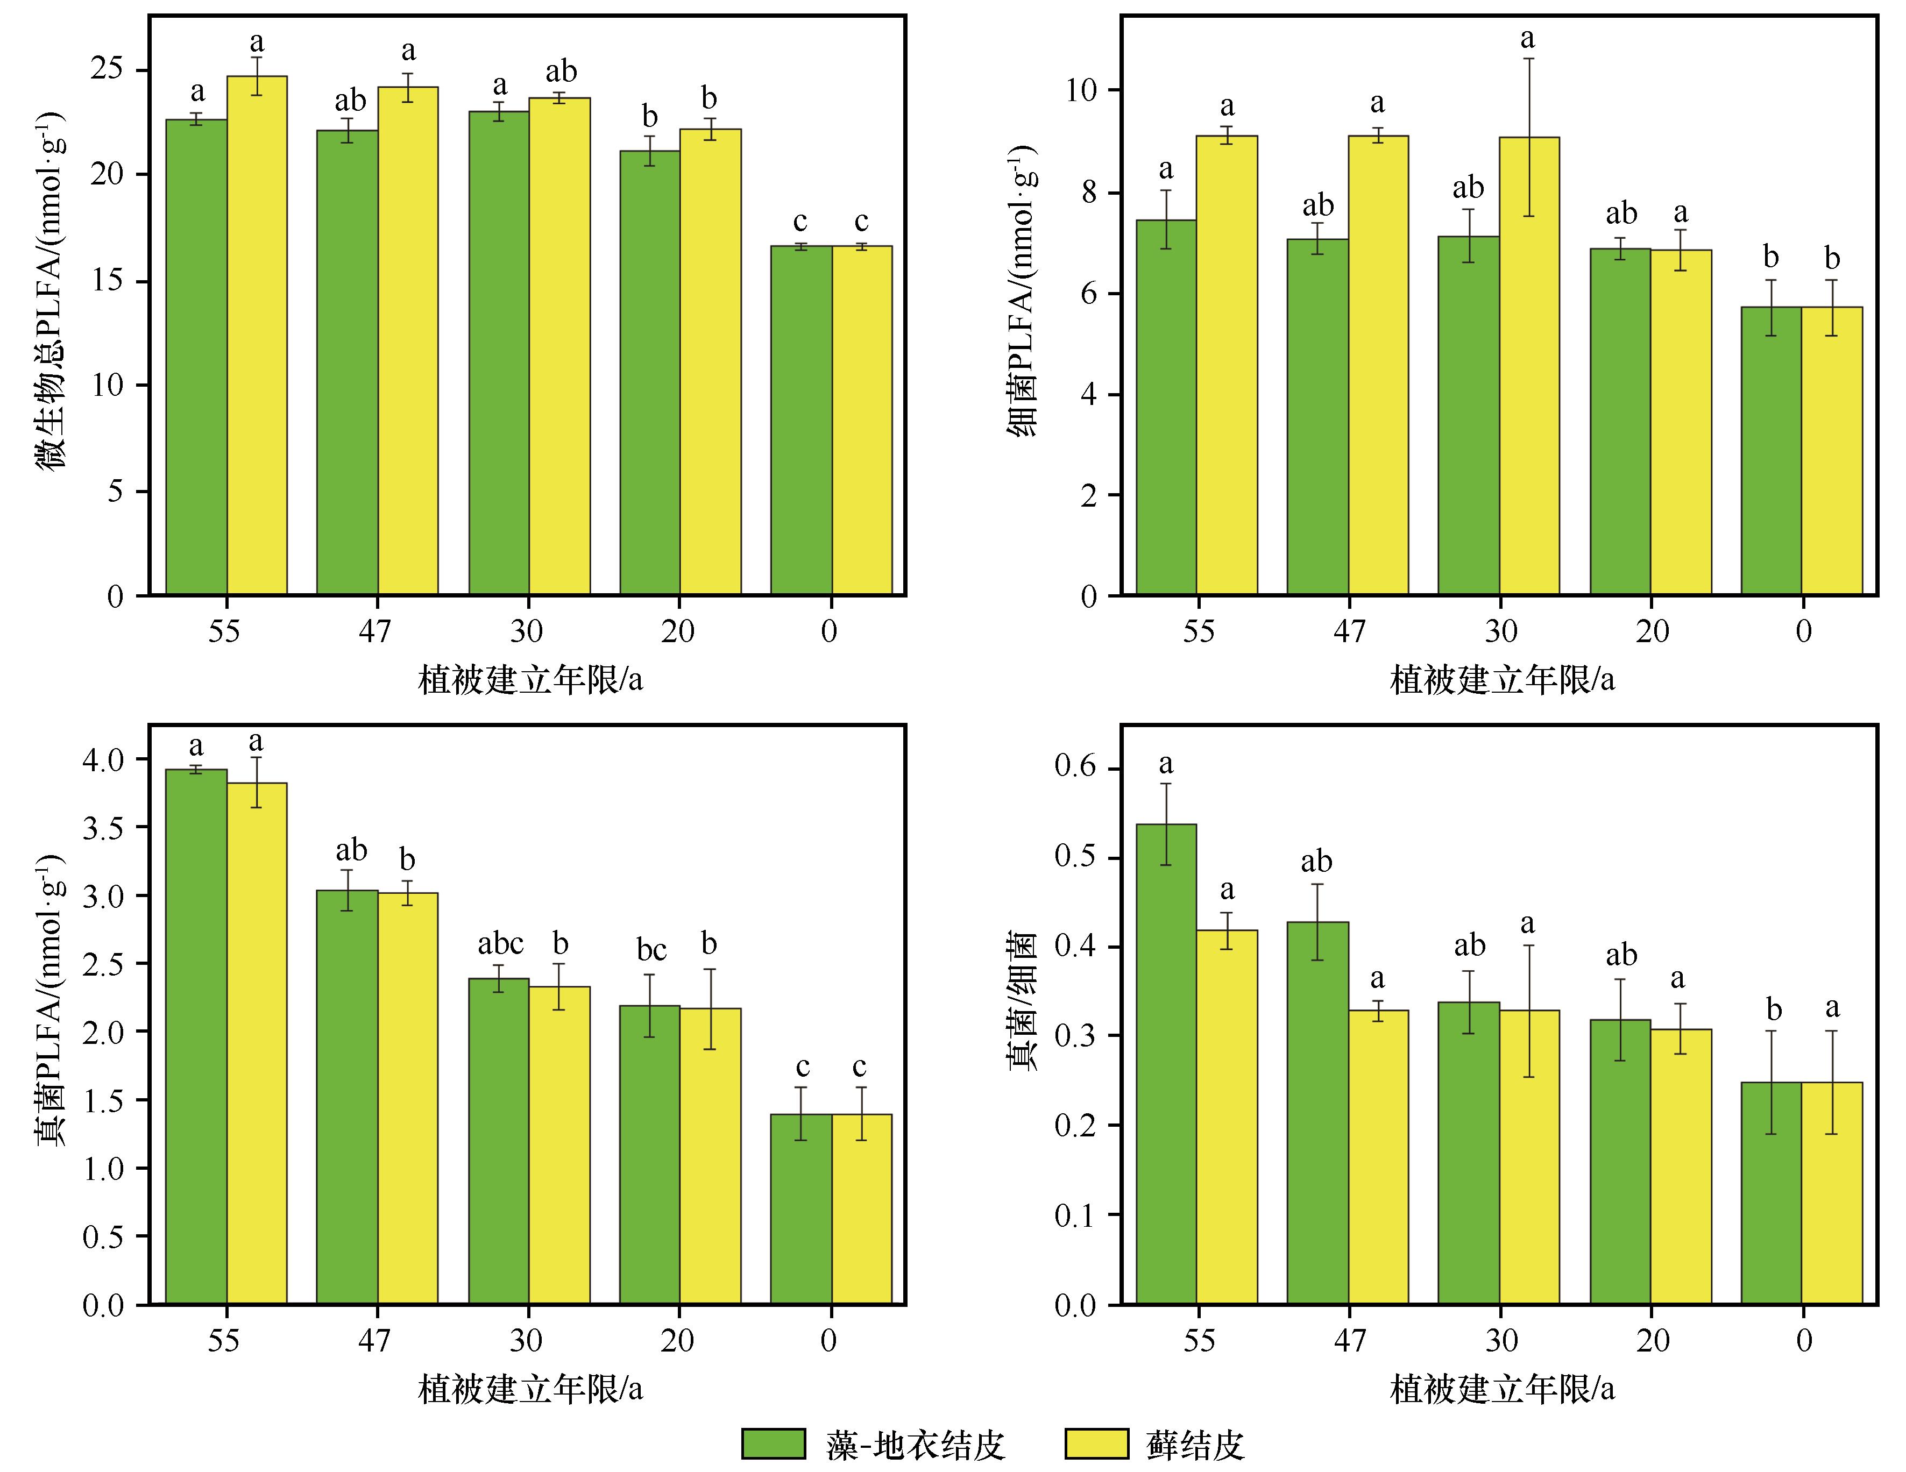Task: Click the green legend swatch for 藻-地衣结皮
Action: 773,1443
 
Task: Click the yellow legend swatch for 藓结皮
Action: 1096,1443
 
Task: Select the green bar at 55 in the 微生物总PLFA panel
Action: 196,358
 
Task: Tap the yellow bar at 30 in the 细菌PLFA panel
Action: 1529,366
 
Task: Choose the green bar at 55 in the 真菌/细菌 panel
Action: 1166,1064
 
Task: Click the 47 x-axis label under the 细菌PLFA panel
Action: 1349,630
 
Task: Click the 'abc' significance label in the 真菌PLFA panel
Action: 500,944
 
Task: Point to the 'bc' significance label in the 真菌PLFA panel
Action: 651,949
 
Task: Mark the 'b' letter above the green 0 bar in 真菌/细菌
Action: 1773,1009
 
